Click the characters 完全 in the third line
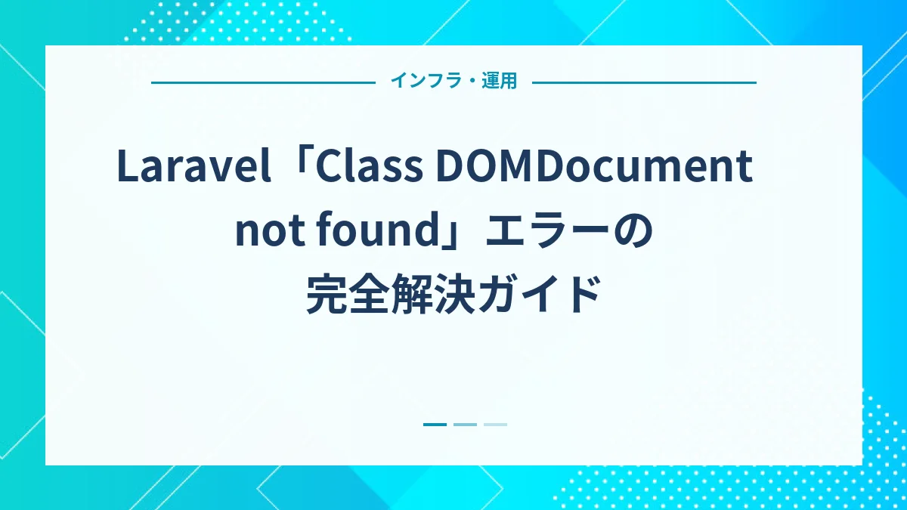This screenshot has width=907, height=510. coord(347,295)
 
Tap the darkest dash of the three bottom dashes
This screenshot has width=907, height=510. coord(435,425)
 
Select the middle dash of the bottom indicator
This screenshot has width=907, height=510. coord(465,425)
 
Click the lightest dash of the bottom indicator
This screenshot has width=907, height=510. coord(495,425)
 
